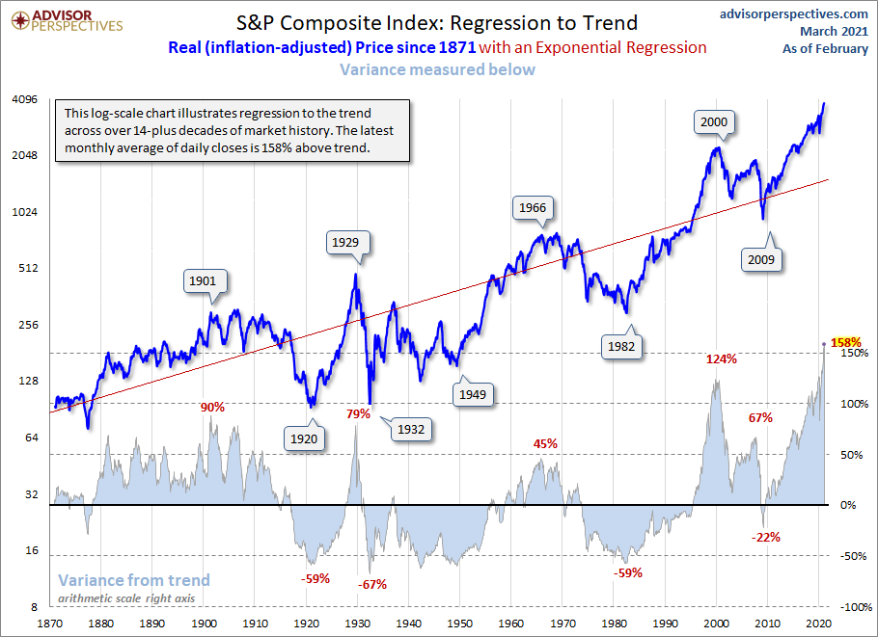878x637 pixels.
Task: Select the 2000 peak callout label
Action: [x=714, y=122]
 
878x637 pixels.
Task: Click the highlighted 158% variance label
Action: [x=844, y=342]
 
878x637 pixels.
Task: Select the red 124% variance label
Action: [x=721, y=359]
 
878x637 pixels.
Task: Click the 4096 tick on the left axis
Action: [x=23, y=99]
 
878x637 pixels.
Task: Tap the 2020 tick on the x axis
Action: [x=819, y=624]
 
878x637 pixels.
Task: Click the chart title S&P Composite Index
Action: [x=438, y=22]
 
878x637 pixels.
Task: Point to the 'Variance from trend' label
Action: [x=134, y=580]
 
